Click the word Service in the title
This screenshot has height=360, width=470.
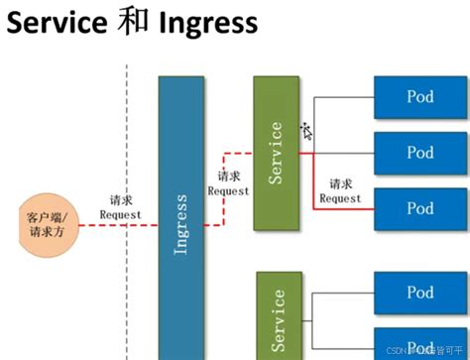[58, 24]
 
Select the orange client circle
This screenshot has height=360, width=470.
[46, 223]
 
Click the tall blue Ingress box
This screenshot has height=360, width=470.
[180, 217]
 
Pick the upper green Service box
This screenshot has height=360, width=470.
[276, 153]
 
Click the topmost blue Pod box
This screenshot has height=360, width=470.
[419, 97]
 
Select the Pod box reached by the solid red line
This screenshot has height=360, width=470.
[419, 208]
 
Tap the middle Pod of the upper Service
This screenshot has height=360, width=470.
[419, 153]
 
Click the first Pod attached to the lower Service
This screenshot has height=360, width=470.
[419, 292]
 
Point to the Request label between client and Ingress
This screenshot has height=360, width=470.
[120, 214]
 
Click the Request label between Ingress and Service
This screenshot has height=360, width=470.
[229, 190]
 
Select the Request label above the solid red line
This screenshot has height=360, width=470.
[340, 197]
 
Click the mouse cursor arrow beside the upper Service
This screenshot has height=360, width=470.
[306, 130]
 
